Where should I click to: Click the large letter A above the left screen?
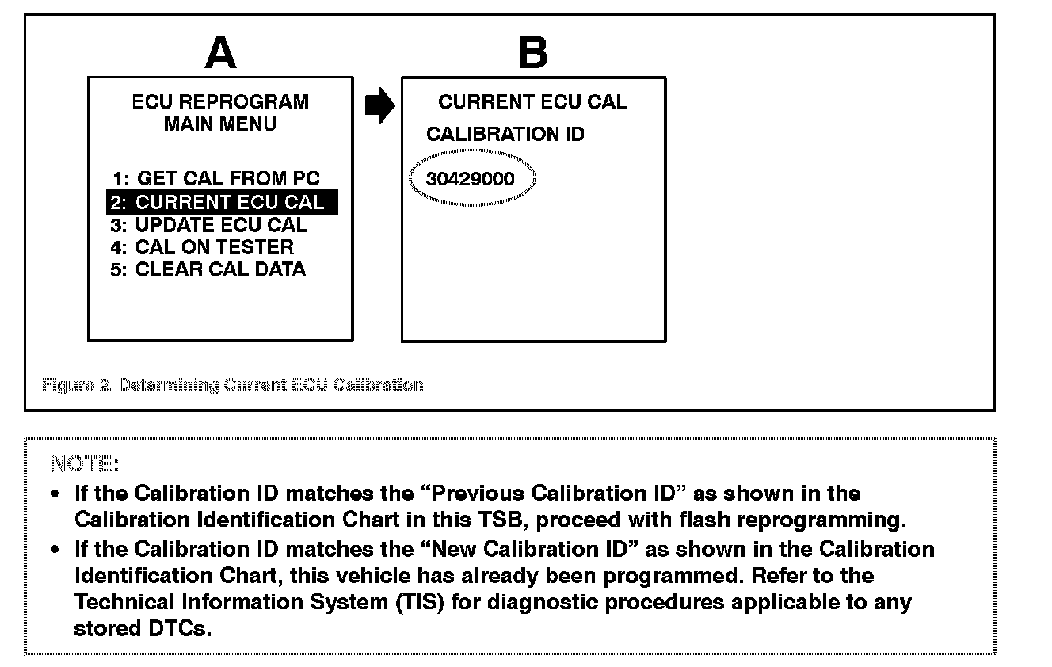pos(220,53)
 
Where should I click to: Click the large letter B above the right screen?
pos(532,53)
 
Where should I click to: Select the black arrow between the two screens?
pos(379,105)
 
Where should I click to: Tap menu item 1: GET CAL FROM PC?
pos(215,179)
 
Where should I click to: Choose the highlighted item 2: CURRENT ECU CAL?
pos(222,202)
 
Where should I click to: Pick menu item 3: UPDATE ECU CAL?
pos(209,225)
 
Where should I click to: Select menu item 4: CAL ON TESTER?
pos(203,247)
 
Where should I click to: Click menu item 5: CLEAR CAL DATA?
pos(208,269)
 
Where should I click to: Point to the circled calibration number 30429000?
pos(471,179)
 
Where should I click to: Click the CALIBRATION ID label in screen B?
pos(505,135)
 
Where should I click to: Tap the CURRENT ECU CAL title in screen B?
pos(532,102)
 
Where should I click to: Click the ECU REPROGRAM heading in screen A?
pos(220,102)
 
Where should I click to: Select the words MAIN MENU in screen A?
pos(220,124)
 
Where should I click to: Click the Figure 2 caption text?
pos(232,385)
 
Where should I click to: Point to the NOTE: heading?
pos(85,463)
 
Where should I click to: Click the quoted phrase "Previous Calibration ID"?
pos(551,494)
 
